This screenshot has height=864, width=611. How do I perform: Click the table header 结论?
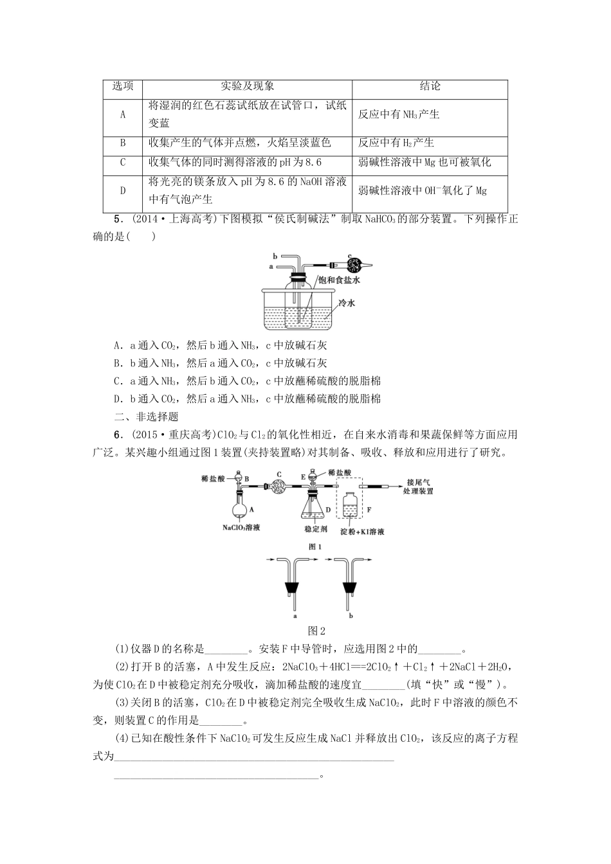click(430, 87)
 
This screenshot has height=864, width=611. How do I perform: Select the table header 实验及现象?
click(248, 87)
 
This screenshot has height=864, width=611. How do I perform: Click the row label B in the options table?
click(123, 143)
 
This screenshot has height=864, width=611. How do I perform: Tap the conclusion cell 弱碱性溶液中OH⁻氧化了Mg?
click(422, 190)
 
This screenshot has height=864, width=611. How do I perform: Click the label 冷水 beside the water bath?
click(347, 303)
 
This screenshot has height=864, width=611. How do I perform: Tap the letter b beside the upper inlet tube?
click(274, 255)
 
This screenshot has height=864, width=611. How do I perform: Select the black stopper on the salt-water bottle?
click(298, 278)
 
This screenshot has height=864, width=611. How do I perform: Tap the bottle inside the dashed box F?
click(351, 507)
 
